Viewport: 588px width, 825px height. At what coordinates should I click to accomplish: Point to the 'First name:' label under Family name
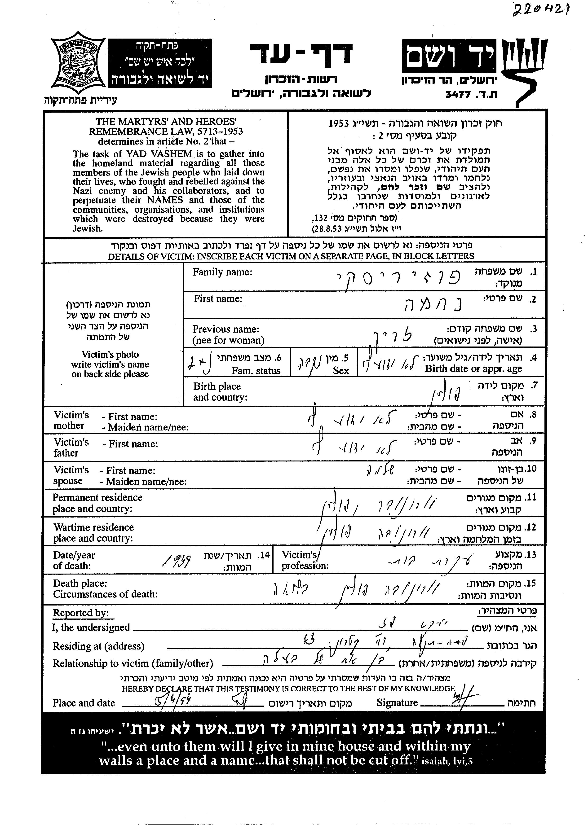(218, 299)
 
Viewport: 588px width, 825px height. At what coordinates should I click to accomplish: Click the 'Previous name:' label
(225, 329)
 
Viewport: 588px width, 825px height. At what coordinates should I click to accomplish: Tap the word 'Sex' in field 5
(341, 371)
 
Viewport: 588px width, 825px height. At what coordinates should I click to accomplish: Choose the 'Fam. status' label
(256, 371)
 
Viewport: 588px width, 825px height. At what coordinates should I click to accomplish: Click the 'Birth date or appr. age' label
(473, 369)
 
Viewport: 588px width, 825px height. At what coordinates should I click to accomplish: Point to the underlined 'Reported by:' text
(81, 613)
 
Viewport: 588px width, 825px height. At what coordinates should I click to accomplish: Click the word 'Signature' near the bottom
(397, 703)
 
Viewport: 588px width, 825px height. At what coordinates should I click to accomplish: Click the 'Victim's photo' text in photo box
(110, 354)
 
